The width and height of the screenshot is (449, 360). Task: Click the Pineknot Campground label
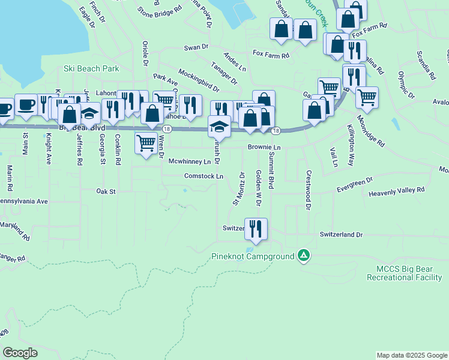tap(253, 256)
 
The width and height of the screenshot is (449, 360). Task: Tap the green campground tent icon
tap(304, 256)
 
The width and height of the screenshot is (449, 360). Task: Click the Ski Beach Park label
tap(91, 69)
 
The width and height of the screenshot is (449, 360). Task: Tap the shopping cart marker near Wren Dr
tap(146, 143)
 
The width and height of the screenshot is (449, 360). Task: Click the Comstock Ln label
tap(203, 176)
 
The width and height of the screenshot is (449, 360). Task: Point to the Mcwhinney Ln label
tap(190, 162)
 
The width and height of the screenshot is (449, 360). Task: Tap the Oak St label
tap(105, 191)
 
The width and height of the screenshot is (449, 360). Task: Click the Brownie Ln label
tap(264, 147)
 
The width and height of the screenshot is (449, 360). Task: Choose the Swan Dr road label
tap(196, 47)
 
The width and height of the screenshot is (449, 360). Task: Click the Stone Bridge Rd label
tap(160, 10)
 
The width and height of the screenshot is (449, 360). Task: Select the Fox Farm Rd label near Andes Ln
tap(271, 55)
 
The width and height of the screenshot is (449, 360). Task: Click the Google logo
tap(20, 353)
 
